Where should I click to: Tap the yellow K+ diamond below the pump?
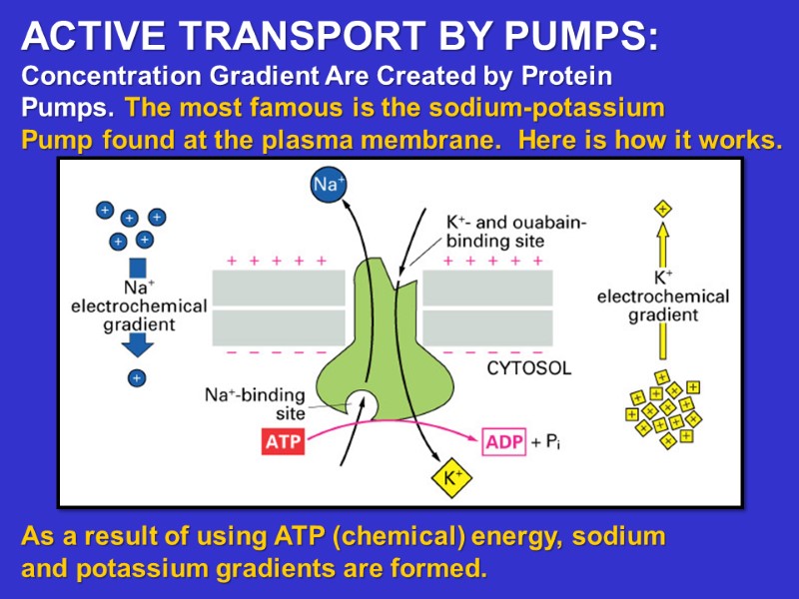pyautogui.click(x=450, y=478)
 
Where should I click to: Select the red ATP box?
pyautogui.click(x=283, y=441)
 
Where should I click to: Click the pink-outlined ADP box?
pyautogui.click(x=504, y=441)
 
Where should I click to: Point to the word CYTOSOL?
pyautogui.click(x=528, y=368)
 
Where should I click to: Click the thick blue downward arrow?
pyautogui.click(x=138, y=343)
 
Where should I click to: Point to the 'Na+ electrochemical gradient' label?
pyautogui.click(x=138, y=306)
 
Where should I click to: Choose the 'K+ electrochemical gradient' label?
pyautogui.click(x=663, y=297)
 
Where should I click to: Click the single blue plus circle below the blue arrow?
pyautogui.click(x=137, y=378)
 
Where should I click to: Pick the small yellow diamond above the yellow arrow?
pyautogui.click(x=662, y=209)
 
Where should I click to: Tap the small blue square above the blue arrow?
pyautogui.click(x=138, y=268)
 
